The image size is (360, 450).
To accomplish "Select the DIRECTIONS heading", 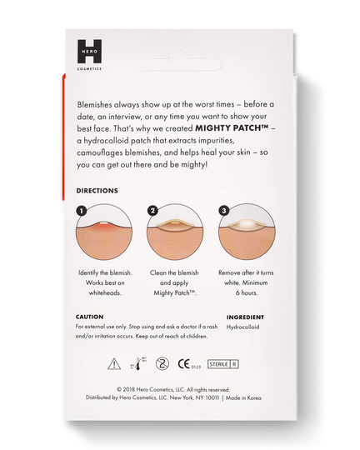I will (x=97, y=191).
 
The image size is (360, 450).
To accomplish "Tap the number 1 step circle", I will (x=82, y=212).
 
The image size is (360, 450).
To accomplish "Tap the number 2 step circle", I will (x=152, y=212).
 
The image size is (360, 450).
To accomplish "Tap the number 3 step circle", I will (x=224, y=212).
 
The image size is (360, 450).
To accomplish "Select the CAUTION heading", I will (x=90, y=317).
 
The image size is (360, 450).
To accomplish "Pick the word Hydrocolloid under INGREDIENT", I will (x=246, y=327).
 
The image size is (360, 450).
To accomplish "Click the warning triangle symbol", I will (x=114, y=362).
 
